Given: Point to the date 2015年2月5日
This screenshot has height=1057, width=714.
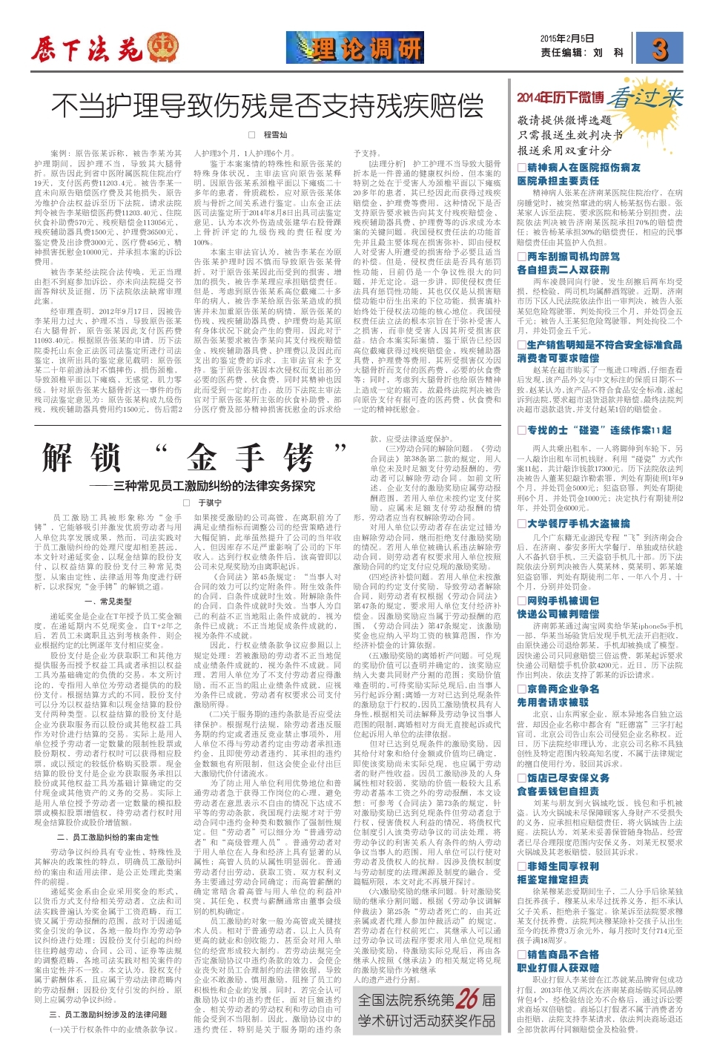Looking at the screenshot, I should click(566, 39).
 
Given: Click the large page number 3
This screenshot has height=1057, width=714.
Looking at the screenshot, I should click(659, 49).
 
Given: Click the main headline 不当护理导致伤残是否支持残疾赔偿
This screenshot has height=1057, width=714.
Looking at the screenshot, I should click(267, 106).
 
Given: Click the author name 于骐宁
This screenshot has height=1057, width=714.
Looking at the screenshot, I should click(210, 503).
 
